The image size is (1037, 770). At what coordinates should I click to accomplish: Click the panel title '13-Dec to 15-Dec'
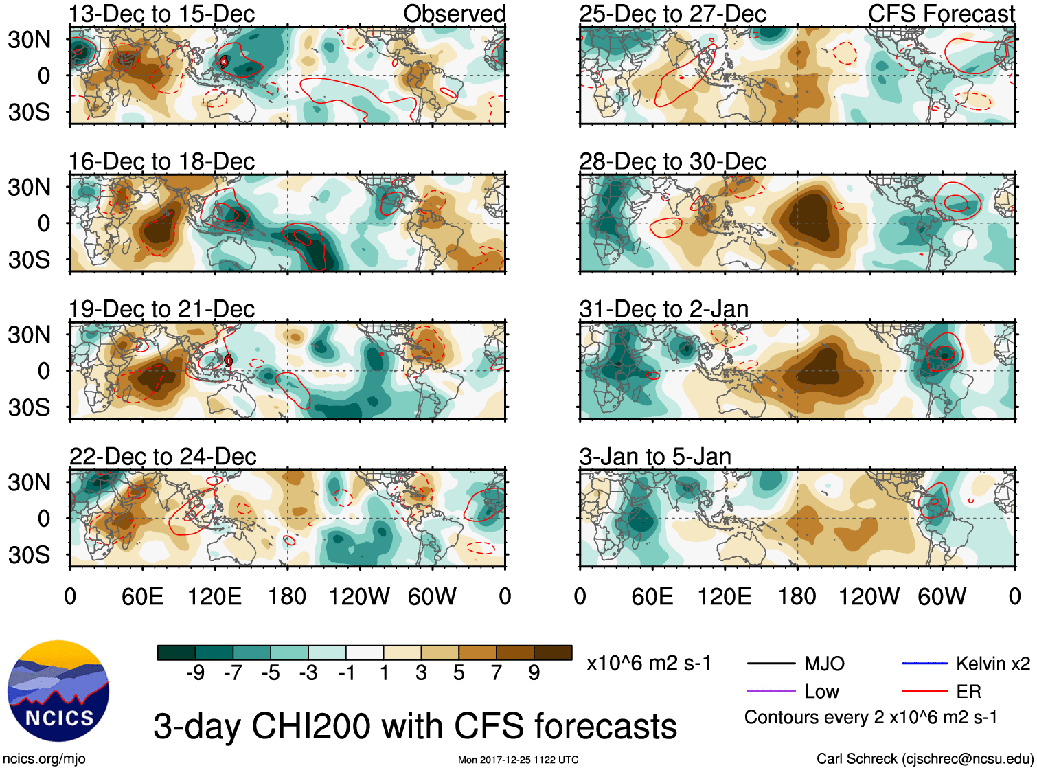click(162, 14)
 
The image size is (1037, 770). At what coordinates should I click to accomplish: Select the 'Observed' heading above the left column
click(454, 14)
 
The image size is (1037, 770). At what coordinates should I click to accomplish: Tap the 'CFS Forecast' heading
click(941, 14)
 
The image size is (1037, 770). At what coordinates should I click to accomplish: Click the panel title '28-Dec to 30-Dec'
click(672, 161)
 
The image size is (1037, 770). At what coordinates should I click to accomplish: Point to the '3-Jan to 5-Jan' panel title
click(655, 457)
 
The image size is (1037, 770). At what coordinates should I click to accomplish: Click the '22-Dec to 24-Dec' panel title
click(163, 457)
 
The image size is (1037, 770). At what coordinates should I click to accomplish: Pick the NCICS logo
click(58, 691)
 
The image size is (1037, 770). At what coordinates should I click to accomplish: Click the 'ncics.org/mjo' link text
click(44, 758)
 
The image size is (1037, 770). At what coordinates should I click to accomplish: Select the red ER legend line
click(924, 691)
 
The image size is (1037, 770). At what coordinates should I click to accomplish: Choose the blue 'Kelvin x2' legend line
click(924, 663)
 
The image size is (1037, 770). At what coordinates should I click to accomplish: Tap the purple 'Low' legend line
click(771, 691)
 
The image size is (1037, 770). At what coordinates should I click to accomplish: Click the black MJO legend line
click(771, 664)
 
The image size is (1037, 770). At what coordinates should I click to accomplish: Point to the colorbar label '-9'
click(195, 672)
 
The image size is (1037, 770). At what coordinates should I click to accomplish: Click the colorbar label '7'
click(497, 672)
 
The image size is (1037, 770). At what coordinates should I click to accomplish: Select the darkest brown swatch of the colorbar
click(553, 653)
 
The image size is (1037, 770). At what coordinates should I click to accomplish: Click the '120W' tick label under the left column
click(359, 596)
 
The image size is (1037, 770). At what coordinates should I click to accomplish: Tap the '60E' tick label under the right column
click(652, 596)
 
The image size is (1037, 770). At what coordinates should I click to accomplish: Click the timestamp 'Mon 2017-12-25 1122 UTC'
click(518, 760)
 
